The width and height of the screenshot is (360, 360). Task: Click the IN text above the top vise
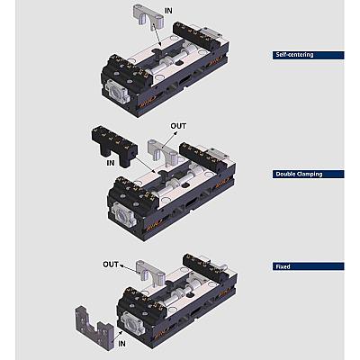tap(168, 11)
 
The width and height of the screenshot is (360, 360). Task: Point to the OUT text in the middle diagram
tap(178, 126)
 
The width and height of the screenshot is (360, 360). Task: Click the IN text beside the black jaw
tap(111, 163)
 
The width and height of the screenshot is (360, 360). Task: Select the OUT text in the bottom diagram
tap(111, 265)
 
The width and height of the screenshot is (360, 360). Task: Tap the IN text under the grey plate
tap(121, 344)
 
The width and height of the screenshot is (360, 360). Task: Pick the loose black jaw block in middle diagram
tap(114, 145)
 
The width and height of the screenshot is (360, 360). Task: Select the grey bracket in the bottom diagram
tap(150, 269)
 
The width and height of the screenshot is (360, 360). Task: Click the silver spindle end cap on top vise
tap(118, 90)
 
